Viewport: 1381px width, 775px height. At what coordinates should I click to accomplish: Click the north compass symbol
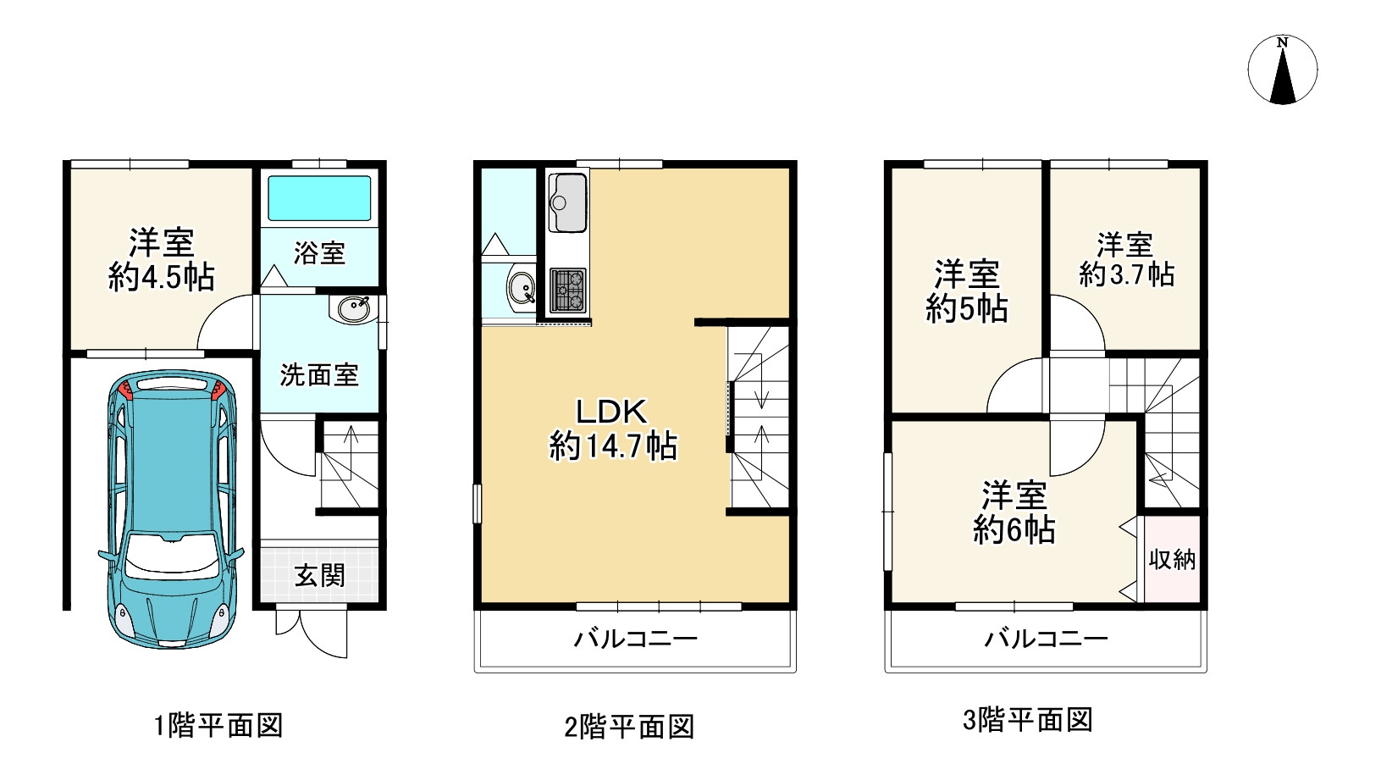(x=1282, y=69)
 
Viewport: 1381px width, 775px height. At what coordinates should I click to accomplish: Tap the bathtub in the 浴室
(x=319, y=198)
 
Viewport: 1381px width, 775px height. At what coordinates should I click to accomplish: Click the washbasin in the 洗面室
(x=353, y=309)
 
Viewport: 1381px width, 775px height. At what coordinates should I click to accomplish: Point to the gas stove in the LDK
(x=567, y=291)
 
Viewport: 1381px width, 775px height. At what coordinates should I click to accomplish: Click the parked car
(x=171, y=509)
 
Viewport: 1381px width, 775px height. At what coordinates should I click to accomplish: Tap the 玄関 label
(x=319, y=576)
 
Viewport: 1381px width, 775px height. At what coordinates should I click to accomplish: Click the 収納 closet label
(x=1172, y=560)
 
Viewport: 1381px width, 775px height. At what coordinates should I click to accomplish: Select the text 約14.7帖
(x=613, y=446)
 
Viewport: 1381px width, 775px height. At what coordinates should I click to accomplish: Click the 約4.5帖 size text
(x=162, y=277)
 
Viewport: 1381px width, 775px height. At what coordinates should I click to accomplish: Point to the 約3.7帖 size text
(x=1126, y=274)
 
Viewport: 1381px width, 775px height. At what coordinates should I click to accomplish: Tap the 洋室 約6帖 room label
(x=1014, y=512)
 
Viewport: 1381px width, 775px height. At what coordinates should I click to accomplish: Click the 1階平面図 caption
(x=218, y=725)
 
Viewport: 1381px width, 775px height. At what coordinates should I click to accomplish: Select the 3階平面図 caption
(x=1028, y=719)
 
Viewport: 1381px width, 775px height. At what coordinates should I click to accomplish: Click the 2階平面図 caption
(x=629, y=726)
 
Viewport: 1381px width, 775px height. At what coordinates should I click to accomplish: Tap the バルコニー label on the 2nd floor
(x=636, y=638)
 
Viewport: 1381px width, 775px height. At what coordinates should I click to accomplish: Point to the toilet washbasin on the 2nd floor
(x=521, y=288)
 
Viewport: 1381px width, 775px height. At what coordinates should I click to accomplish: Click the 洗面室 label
(x=319, y=375)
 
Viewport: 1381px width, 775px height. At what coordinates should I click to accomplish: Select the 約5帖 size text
(x=967, y=308)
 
